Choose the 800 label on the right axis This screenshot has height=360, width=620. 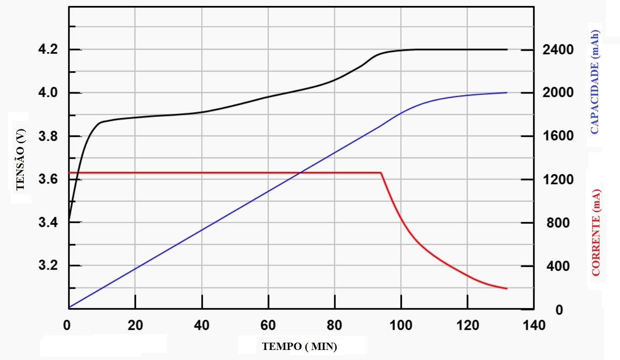pos(558,223)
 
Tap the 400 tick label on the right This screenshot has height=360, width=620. pos(558,266)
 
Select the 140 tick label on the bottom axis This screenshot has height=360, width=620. pos(534,325)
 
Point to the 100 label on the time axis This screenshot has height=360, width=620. pos(401,325)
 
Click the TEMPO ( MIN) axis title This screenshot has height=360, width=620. pos(300,346)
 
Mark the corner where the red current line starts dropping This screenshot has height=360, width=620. pos(381,172)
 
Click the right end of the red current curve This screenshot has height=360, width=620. pos(507,288)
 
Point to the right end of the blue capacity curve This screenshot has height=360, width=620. pos(507,93)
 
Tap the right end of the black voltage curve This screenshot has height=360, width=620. pos(507,49)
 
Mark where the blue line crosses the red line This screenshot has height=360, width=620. pos(300,172)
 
